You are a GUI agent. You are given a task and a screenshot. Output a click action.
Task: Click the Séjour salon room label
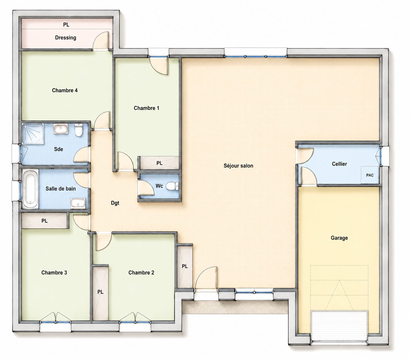coord(238,166)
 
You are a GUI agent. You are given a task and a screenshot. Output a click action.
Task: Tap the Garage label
coord(339,238)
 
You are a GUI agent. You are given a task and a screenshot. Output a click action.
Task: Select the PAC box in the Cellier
coord(370,175)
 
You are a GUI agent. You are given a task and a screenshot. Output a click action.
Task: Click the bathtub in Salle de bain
coord(31,189)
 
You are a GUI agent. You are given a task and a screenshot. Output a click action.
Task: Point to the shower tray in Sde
coord(32,134)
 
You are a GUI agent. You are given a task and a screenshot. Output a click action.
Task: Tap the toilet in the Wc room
coord(172,186)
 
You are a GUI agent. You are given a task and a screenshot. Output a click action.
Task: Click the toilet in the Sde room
coord(78,130)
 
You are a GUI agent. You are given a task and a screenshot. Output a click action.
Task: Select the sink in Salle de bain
coord(78,203)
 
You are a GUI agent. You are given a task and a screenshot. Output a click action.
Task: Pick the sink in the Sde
coord(60,129)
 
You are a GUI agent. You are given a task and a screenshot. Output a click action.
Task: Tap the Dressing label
coord(66,38)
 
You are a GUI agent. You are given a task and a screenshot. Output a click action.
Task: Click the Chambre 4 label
coord(65,90)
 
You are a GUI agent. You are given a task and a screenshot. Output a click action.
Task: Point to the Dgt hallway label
coord(115,203)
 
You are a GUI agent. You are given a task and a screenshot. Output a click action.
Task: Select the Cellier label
coord(339,164)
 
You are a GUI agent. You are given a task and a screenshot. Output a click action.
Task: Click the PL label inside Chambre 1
coord(159,163)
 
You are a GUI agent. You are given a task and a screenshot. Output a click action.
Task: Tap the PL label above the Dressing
coord(66,25)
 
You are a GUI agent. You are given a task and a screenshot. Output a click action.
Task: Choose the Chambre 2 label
coord(141,273)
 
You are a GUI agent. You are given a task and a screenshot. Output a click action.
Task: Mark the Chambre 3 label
coord(54,273)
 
